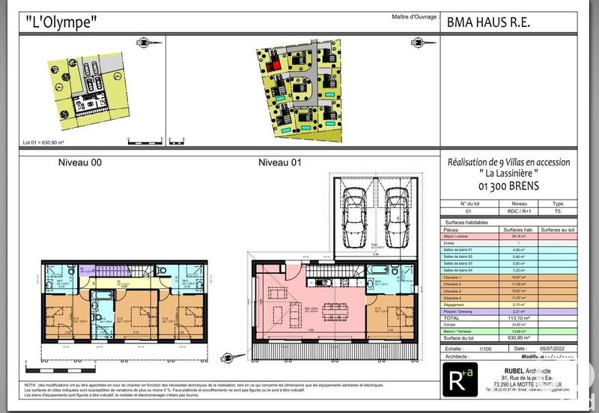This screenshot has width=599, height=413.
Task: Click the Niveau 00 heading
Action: (x=80, y=162)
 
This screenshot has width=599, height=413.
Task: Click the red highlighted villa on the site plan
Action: (x=275, y=65)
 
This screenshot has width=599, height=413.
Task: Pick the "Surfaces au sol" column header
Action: (x=557, y=229)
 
